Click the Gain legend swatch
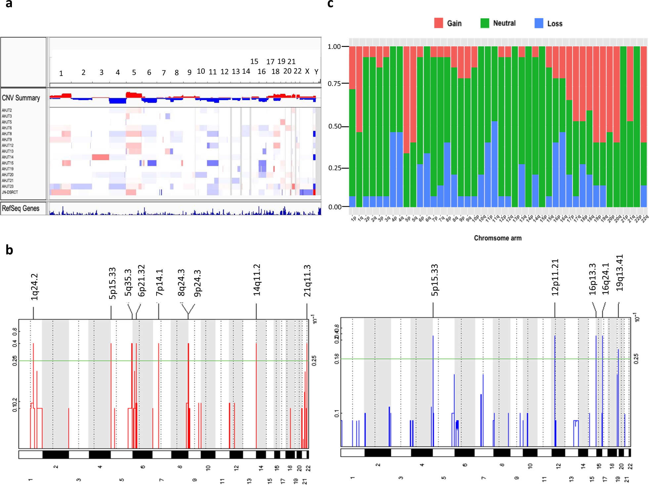point(438,23)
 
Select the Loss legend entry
point(554,23)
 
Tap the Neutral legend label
point(504,23)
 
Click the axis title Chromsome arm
point(498,238)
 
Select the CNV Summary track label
point(21,98)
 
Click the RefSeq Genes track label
point(21,208)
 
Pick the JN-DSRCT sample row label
point(10,192)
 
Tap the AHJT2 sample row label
point(7,110)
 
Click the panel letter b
point(9,250)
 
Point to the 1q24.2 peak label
point(34,287)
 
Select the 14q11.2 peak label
point(257,280)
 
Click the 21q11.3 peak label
point(307,280)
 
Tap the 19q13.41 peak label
point(620,273)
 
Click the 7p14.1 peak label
point(159,282)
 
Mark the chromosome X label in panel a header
point(307,71)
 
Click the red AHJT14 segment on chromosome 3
point(101,157)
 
